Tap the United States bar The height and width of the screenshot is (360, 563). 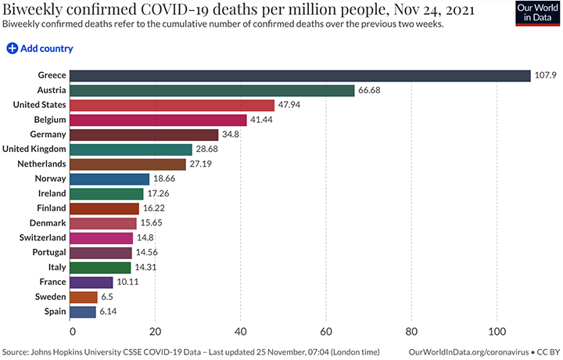[172, 105]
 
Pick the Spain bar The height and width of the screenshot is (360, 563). [83, 311]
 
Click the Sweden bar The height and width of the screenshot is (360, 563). [84, 297]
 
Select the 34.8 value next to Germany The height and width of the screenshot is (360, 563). [232, 135]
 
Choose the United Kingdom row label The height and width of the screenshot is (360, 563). [34, 149]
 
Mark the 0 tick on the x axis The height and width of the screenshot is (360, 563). [71, 330]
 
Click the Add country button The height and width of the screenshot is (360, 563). [40, 49]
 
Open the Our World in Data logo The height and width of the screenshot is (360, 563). [536, 14]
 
